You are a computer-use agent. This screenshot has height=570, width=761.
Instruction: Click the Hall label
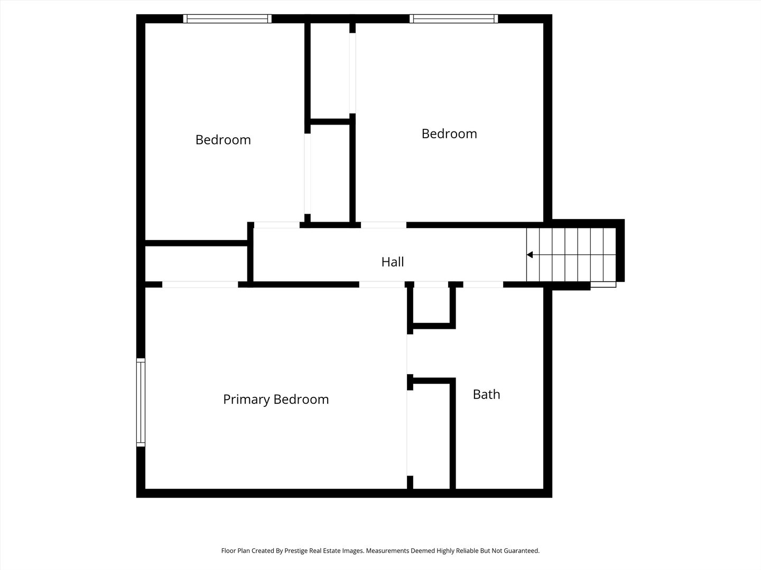click(393, 262)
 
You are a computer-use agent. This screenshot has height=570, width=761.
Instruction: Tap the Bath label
click(486, 395)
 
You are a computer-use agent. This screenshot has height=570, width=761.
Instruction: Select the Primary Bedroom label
click(276, 400)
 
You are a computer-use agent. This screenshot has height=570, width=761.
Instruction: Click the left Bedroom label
click(223, 140)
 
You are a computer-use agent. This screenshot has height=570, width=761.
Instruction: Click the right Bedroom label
click(449, 134)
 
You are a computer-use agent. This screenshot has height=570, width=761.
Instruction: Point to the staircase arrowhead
click(530, 255)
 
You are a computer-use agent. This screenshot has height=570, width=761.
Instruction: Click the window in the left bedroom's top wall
click(227, 18)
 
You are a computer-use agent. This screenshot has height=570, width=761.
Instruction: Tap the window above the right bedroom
click(453, 18)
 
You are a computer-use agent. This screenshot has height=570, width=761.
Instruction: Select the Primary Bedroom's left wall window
click(141, 403)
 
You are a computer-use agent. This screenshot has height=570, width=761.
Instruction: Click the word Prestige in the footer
click(296, 550)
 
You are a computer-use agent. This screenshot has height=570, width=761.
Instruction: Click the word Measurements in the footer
click(387, 550)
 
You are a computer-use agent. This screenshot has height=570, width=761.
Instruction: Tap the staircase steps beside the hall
click(571, 255)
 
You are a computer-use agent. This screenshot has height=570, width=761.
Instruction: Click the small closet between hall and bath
click(432, 305)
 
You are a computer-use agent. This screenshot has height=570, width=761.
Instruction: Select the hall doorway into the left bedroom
click(277, 225)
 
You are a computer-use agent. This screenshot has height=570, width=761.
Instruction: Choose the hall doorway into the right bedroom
click(384, 225)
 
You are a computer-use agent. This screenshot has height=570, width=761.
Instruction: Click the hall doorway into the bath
click(483, 284)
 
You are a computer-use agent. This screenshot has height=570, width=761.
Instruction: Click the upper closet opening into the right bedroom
click(352, 73)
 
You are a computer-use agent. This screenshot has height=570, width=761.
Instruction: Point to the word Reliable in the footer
click(468, 550)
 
